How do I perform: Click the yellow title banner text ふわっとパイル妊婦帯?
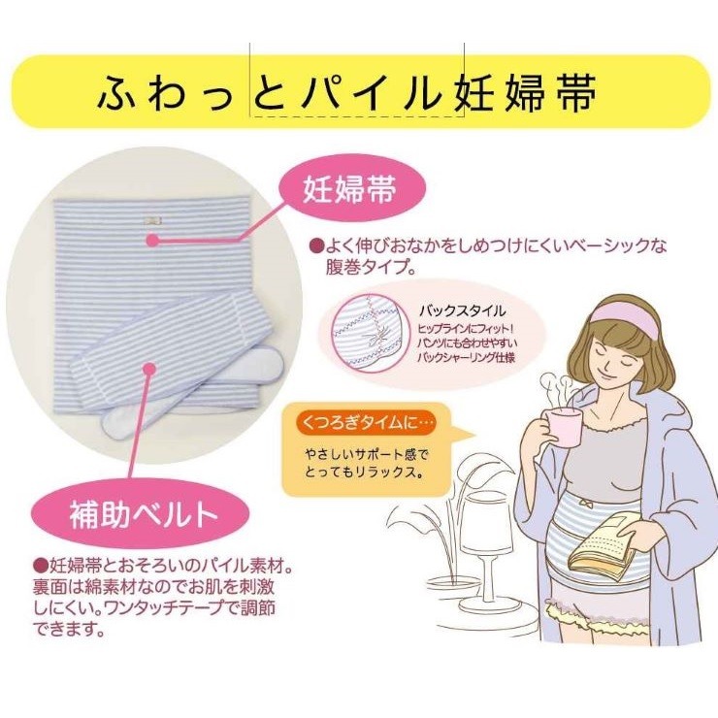(x=347, y=93)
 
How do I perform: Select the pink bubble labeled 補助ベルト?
(x=141, y=514)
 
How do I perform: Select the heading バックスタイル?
(x=463, y=311)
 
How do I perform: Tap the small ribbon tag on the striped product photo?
(x=152, y=220)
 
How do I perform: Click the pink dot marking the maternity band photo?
(x=153, y=240)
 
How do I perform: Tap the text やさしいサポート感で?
(x=367, y=454)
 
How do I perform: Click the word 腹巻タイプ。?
(x=371, y=267)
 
